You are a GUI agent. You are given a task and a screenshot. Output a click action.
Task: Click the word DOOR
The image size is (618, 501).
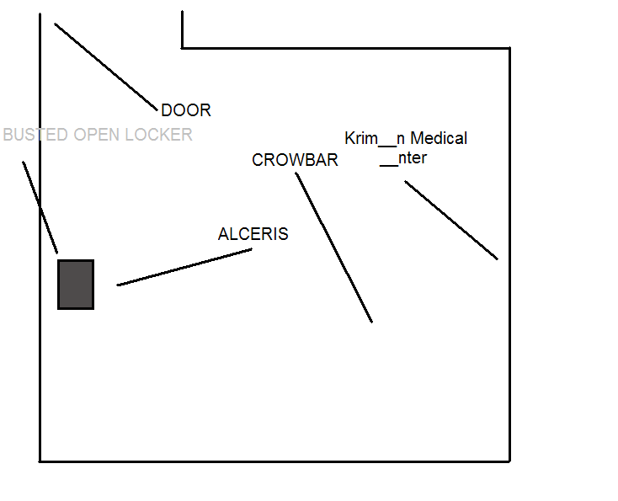click(186, 110)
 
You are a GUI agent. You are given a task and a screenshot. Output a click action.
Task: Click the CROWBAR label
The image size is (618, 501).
click(295, 160)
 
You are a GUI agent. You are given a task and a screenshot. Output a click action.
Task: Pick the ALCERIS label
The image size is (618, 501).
click(253, 234)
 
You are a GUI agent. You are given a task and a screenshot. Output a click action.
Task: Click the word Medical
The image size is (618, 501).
click(439, 138)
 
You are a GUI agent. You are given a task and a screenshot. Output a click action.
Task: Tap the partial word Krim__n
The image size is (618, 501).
click(375, 138)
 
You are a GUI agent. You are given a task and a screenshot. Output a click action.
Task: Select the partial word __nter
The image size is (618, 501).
click(403, 157)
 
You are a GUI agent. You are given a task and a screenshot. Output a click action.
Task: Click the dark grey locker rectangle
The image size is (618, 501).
click(76, 285)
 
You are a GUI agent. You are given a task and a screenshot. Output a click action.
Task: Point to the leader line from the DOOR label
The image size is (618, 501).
click(106, 67)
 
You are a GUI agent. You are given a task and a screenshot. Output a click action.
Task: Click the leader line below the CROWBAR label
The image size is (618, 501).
click(334, 248)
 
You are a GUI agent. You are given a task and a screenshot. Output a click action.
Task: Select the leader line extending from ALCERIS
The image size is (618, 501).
click(184, 268)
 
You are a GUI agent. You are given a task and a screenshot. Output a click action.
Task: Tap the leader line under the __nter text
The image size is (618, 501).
click(451, 220)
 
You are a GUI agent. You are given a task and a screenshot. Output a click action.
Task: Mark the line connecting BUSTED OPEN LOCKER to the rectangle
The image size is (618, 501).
click(40, 207)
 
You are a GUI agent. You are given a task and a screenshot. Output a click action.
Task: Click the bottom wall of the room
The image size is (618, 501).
click(274, 461)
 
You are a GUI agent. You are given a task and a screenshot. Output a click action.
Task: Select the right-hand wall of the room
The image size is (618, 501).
click(509, 253)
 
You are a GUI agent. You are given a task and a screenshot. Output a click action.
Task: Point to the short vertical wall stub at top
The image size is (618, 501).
click(182, 29)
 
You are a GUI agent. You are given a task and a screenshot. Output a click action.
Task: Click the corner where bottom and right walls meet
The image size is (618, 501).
click(509, 461)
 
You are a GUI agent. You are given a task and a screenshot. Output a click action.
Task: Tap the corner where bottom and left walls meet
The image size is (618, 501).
click(40, 461)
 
